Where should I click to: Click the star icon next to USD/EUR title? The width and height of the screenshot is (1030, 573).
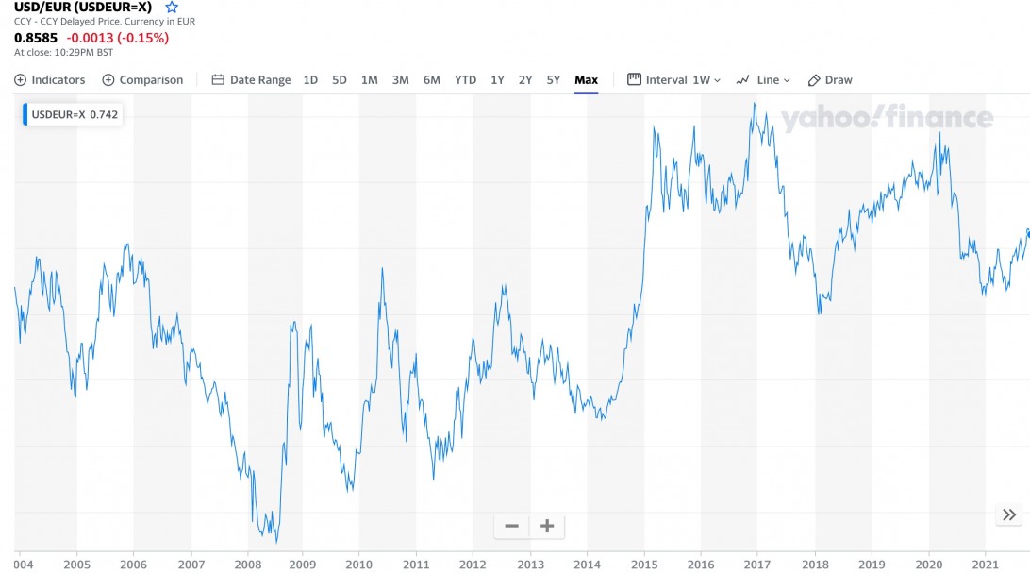click(x=172, y=8)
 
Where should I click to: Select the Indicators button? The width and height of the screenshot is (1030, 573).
click(x=50, y=80)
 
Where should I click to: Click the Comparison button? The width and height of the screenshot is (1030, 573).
click(x=142, y=80)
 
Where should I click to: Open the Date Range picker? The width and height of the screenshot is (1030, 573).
click(x=251, y=80)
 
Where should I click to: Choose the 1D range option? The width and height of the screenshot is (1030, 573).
click(x=310, y=80)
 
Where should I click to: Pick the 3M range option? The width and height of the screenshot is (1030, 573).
click(x=401, y=80)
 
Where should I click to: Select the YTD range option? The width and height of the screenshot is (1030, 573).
click(x=465, y=80)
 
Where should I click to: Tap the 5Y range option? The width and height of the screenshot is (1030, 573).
click(x=554, y=80)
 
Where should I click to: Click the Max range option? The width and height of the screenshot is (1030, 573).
click(x=586, y=80)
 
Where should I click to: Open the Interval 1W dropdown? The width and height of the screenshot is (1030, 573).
click(x=673, y=80)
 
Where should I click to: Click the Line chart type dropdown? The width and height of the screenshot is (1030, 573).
click(x=763, y=80)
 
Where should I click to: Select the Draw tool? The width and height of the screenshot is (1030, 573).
click(x=830, y=80)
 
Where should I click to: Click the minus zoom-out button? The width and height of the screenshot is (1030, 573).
click(x=511, y=526)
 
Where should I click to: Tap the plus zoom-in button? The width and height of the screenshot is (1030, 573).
click(x=546, y=526)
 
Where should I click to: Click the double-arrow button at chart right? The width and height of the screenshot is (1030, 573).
click(x=1009, y=514)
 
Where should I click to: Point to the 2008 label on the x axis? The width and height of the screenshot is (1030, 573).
click(x=247, y=565)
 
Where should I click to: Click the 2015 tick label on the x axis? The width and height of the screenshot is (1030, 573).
click(x=644, y=565)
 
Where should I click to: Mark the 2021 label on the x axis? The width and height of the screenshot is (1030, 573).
click(x=985, y=565)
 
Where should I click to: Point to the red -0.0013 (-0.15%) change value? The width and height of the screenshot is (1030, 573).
click(x=117, y=39)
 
